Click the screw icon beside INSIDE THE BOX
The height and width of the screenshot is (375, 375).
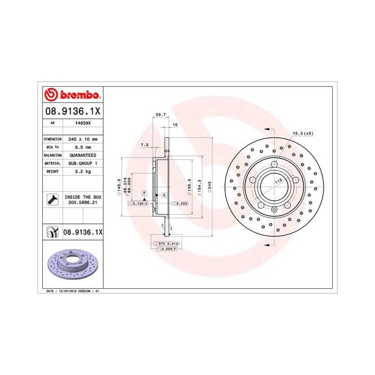(x=51, y=200)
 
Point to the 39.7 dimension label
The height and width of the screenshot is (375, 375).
(x=159, y=114)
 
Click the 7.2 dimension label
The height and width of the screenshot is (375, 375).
(x=144, y=145)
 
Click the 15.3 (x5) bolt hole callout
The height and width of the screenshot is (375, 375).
(x=303, y=133)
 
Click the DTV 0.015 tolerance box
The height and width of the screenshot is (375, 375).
(x=169, y=244)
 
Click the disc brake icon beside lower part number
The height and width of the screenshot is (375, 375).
(x=51, y=233)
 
